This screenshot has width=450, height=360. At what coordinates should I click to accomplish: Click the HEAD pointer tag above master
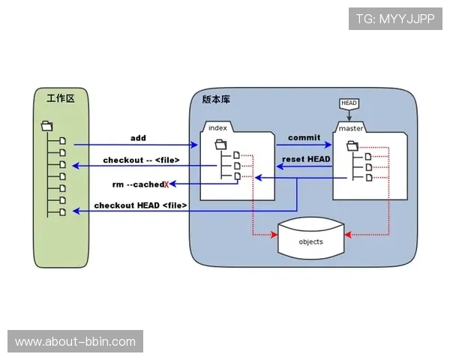click(349, 103)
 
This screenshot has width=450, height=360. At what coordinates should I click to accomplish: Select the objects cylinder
click(310, 240)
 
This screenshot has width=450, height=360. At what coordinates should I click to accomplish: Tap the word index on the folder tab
click(218, 127)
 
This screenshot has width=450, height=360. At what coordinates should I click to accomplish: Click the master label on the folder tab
click(351, 128)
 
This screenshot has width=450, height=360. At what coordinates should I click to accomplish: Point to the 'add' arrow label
click(138, 138)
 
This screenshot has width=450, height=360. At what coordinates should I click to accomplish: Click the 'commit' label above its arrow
click(303, 138)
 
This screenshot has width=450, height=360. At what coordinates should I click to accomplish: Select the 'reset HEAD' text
click(306, 159)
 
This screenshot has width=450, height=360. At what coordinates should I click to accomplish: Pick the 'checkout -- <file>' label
click(141, 160)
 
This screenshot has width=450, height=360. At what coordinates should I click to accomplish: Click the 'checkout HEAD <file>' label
click(140, 205)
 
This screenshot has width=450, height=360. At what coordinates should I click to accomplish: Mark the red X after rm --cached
click(166, 183)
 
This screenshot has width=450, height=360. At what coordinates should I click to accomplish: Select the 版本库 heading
click(217, 99)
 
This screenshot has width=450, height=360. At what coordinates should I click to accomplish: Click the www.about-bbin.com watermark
click(75, 342)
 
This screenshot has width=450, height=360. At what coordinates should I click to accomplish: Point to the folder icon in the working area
click(46, 126)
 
